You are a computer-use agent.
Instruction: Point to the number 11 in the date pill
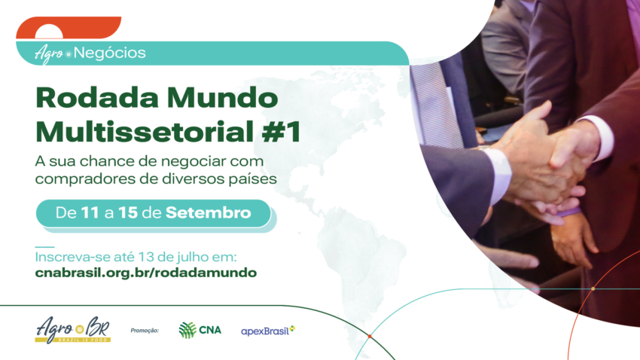pos(91,213)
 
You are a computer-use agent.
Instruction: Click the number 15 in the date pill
pos(129,213)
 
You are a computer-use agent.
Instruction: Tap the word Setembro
pos(209,213)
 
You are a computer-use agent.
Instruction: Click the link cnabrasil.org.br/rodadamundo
pos(146,273)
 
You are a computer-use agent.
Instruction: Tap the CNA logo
pos(200,330)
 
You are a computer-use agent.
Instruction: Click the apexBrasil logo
pos(268,331)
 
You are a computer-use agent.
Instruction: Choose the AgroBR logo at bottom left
pos(72,329)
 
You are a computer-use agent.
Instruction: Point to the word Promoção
pos(145,330)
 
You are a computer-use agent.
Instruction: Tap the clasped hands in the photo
pos(550,162)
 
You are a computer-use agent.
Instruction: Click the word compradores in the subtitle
pos(82,179)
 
